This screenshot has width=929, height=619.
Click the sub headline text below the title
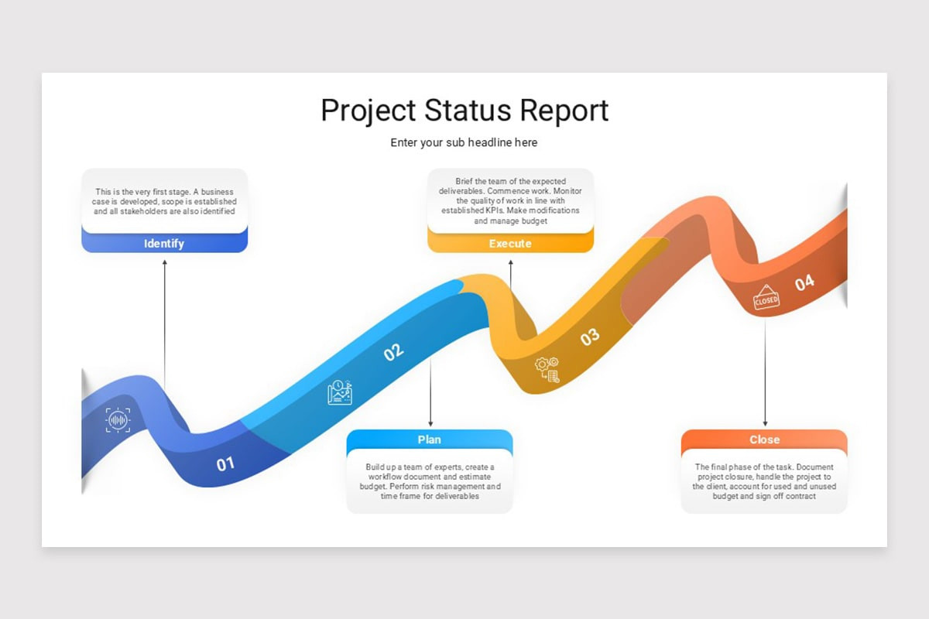pos(464,142)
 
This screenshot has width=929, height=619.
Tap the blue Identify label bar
pos(164,243)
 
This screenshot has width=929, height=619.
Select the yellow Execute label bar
pos(510,244)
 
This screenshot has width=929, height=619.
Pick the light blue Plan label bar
pos(429,439)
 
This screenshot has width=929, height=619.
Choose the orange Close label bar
pos(764,439)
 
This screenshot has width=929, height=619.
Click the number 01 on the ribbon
pos(225,464)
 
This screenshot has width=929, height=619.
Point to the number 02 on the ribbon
pos(394,352)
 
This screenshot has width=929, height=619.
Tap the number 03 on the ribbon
pos(590,337)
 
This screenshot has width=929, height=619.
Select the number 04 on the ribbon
pos(804,282)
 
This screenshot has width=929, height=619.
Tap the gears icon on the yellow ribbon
pos(547,369)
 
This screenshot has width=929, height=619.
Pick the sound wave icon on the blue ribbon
pos(118,420)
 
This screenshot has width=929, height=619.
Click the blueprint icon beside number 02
pos(340,393)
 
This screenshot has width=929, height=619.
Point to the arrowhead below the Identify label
pos(164,263)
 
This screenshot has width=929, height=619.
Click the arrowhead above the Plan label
pos(430,422)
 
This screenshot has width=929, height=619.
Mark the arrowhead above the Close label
pos(765,422)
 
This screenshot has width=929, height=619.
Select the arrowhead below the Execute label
pos(510,263)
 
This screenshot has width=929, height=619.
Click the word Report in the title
pos(564,110)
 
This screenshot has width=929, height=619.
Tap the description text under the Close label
pos(764,481)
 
